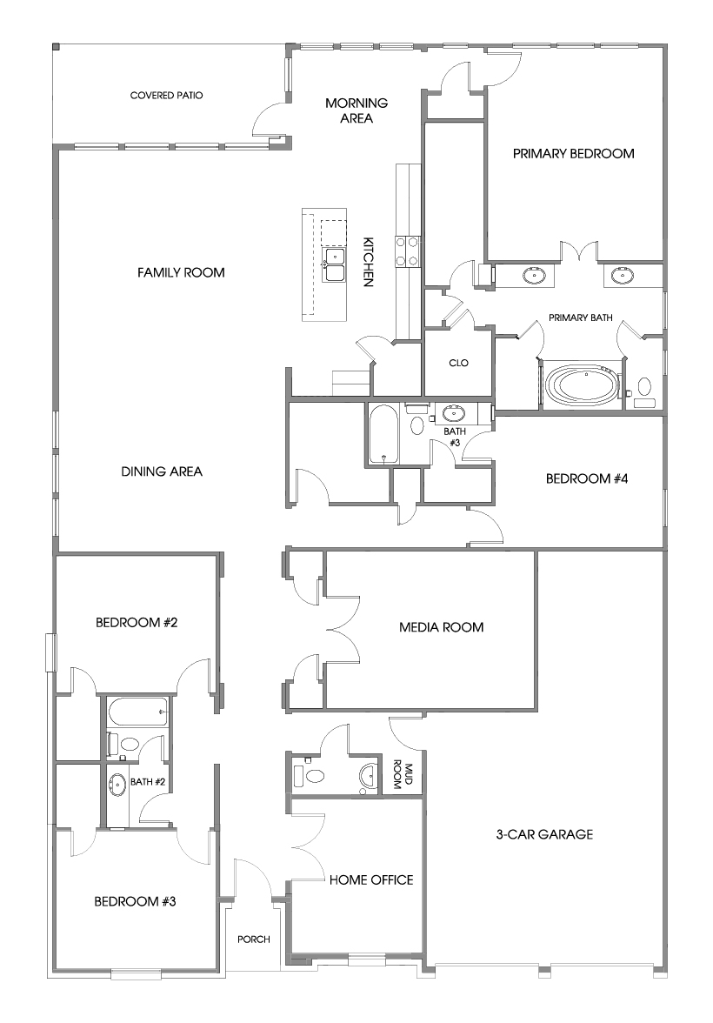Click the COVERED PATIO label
[166, 96]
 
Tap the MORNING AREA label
[356, 110]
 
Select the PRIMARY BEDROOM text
[573, 154]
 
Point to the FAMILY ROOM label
[181, 273]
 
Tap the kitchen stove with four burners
[407, 251]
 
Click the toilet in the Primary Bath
[644, 388]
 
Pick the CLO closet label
[458, 364]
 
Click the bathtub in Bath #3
[383, 434]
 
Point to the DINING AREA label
[162, 472]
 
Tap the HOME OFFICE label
[370, 880]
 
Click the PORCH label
[254, 939]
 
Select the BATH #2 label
[148, 782]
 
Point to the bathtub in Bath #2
[137, 712]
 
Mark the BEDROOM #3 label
[135, 901]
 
